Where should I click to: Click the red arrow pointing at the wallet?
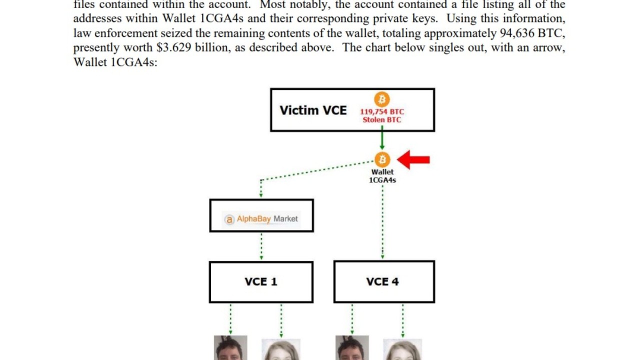coord(414,160)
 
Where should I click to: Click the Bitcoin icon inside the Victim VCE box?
coord(382,99)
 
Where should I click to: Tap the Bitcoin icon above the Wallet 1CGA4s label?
coord(382,159)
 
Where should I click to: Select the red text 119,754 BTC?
coord(382,112)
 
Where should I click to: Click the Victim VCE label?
coord(313,110)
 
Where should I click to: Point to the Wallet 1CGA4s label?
coord(382,176)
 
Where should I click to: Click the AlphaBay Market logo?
coord(261,219)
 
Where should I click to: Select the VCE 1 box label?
coord(261,282)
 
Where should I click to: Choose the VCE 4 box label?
coord(382,282)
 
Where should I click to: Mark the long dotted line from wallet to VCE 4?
coord(382,220)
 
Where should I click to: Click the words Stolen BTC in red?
coord(382,120)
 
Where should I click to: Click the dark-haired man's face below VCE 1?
coord(230,349)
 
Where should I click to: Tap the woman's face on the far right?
coord(402,351)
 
